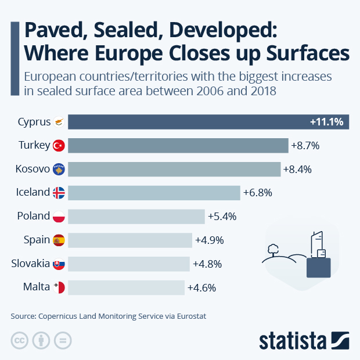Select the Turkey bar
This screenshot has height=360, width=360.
pos(178,145)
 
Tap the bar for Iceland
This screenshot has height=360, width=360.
pos(154,193)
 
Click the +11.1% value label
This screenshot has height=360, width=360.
pos(327,122)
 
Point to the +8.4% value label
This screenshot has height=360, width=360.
pos(297,170)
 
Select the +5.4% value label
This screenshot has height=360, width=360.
pos(221,217)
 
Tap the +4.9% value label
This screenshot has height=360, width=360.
pos(209,240)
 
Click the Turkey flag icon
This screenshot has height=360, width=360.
pos(59,146)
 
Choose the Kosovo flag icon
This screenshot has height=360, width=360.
pos(59,170)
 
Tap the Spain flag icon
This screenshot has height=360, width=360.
pos(59,240)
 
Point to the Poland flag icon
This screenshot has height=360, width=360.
pos(59,217)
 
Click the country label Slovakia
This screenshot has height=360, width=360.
pos(30,263)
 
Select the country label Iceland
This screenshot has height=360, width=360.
pos(33,192)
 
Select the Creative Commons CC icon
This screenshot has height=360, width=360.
pos(19,340)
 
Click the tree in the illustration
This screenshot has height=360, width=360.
pos(271,250)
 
